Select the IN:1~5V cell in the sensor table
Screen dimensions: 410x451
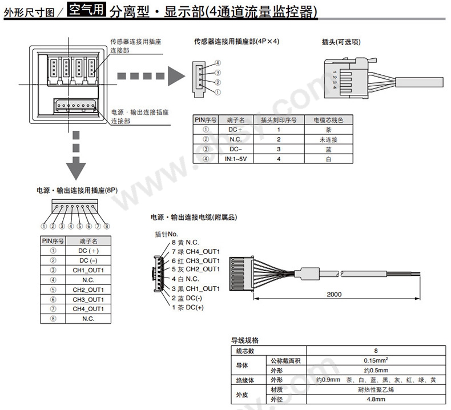point(236,158)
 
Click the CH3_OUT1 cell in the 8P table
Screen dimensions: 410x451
point(88,299)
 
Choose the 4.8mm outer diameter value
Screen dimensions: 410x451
point(375,399)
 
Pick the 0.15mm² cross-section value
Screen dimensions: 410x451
point(375,360)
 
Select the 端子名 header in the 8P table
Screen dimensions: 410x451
point(88,241)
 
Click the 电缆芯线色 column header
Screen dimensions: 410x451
point(328,120)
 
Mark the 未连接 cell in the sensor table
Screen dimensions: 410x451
point(328,139)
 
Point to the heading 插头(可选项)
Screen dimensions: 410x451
point(341,42)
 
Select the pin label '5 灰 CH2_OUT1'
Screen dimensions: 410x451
point(187,269)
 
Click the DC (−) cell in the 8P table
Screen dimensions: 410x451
point(88,260)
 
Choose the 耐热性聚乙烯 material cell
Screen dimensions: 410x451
point(375,389)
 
